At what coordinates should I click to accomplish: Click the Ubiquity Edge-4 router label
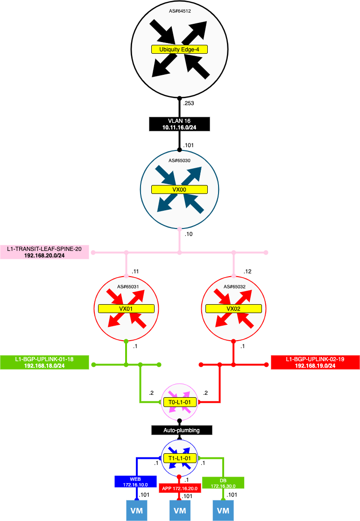coord(179,49)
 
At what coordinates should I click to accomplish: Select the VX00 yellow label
coord(179,189)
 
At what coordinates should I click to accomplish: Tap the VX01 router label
coord(126,308)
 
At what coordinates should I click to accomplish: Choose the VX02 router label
coord(233,308)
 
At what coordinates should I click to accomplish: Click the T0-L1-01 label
coord(179,402)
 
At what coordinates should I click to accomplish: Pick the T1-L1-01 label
coord(179,458)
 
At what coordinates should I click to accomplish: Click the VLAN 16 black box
coord(179,124)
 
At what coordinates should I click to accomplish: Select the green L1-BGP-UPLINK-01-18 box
coord(44,363)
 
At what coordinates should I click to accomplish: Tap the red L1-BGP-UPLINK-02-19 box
coord(315,363)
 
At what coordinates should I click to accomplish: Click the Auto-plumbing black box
coord(182,430)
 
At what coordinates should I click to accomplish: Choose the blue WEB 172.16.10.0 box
coord(135,482)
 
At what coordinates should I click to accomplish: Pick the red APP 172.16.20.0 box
coord(180,488)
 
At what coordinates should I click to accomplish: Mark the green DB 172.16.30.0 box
coord(223,483)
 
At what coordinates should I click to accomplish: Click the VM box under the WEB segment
coord(137,511)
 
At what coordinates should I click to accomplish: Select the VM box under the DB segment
coord(223,511)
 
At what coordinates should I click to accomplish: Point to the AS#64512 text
coord(179,10)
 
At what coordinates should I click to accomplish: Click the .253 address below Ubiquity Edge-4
coord(189,103)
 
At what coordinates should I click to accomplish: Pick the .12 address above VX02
coord(247,271)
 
